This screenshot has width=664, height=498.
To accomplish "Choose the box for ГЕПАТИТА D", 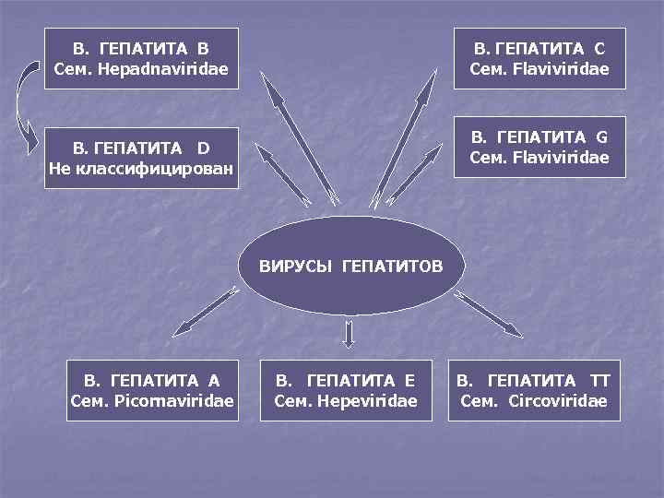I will point(141,157).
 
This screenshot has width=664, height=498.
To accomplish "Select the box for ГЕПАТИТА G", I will point(539,148).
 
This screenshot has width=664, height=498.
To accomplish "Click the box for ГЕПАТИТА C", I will point(539,57).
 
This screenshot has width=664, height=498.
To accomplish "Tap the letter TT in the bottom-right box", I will point(600,380).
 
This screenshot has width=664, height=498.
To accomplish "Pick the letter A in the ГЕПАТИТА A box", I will point(214,380).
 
